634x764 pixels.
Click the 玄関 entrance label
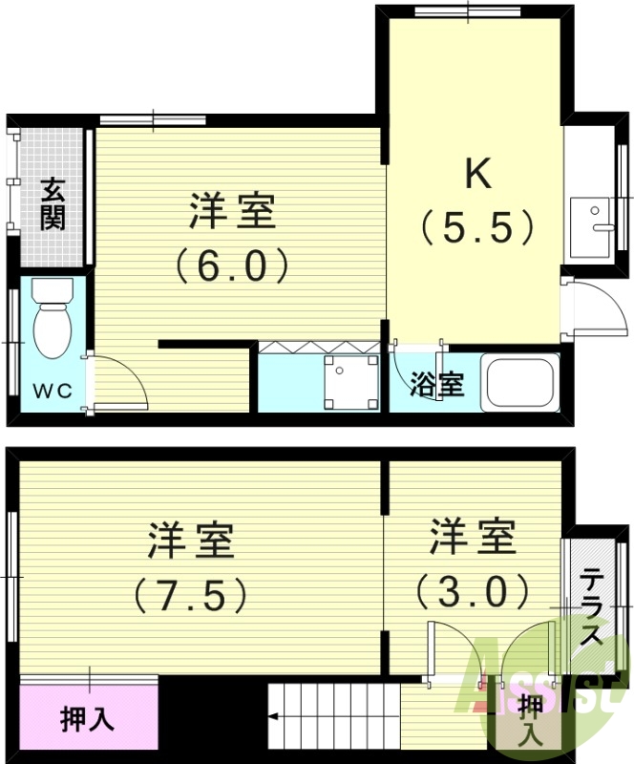(x=53, y=203)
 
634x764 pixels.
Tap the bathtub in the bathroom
(x=520, y=382)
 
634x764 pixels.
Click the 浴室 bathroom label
(x=437, y=385)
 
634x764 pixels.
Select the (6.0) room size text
(x=232, y=265)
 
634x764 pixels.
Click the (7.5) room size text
(x=190, y=596)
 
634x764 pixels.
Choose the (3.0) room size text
(x=472, y=591)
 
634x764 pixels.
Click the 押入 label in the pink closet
(x=87, y=718)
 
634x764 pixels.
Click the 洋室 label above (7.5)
(x=190, y=541)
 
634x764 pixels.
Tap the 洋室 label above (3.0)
(x=472, y=537)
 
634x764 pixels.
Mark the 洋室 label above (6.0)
(x=232, y=211)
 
